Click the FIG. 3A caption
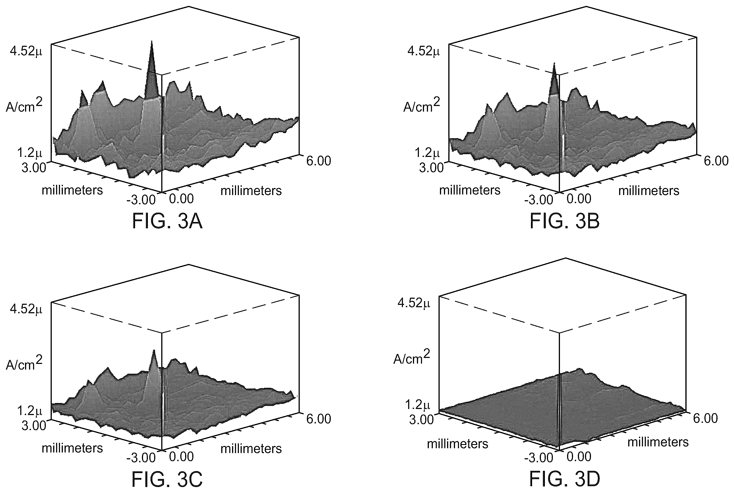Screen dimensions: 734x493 pyautogui.click(x=167, y=221)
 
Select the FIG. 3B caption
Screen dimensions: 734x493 pyautogui.click(x=565, y=221)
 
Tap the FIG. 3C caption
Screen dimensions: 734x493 pyautogui.click(x=167, y=479)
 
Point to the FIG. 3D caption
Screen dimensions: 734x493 pyautogui.click(x=565, y=479)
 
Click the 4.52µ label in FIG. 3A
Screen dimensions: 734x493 pyautogui.click(x=26, y=51)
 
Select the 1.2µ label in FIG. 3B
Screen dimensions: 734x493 pyautogui.click(x=427, y=153)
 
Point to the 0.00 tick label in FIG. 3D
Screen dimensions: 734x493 pyautogui.click(x=579, y=457)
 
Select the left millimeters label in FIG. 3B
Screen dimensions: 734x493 pyautogui.click(x=470, y=190)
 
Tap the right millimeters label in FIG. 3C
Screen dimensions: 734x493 pyautogui.click(x=251, y=449)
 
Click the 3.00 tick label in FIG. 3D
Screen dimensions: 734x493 pyautogui.click(x=422, y=420)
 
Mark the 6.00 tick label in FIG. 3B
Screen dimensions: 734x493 pyautogui.click(x=716, y=161)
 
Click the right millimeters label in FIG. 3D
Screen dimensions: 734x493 pyautogui.click(x=658, y=442)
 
